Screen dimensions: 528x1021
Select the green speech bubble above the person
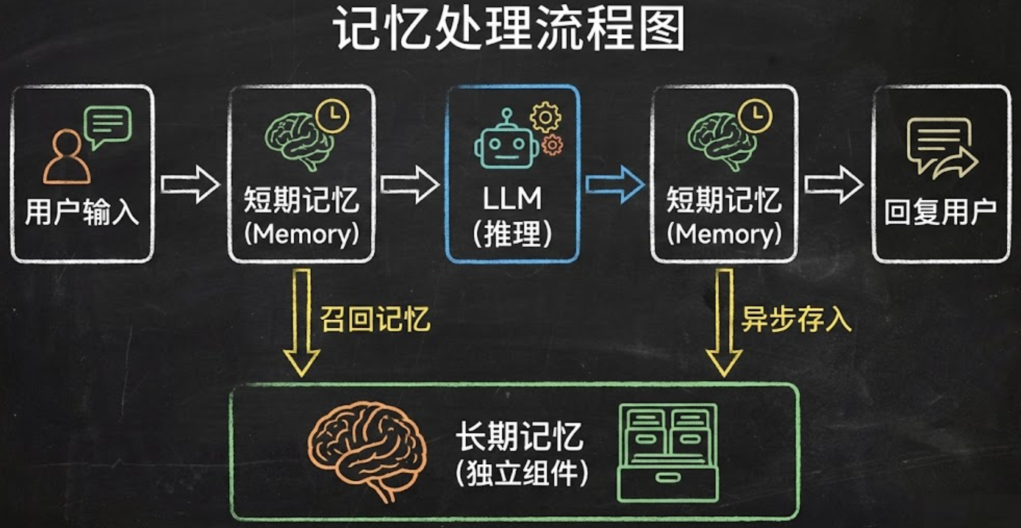tap(107, 126)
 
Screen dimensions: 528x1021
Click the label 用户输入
tap(82, 213)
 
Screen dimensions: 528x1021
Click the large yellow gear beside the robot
tap(546, 117)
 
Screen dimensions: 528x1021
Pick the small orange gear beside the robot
tap(552, 144)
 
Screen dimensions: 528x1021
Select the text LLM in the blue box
tap(512, 198)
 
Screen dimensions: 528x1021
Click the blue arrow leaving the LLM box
tap(614, 184)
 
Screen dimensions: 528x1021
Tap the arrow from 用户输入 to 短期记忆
tap(189, 184)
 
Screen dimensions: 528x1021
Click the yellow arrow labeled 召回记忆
tap(302, 322)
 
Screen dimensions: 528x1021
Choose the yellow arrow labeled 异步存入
tap(724, 322)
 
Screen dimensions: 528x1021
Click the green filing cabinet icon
tap(667, 452)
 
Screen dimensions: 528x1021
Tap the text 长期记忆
tap(519, 438)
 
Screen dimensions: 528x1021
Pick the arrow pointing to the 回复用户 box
tap(834, 184)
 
